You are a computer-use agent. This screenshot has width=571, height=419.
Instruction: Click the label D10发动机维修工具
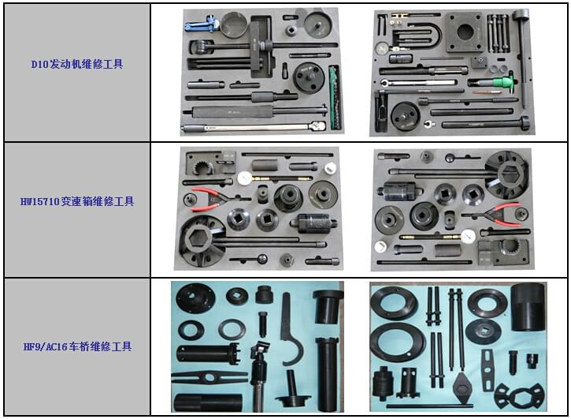click(x=76, y=64)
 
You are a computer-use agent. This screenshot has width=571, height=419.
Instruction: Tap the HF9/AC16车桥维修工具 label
click(x=76, y=346)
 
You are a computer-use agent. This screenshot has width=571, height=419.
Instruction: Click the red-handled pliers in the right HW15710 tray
click(x=502, y=211)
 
